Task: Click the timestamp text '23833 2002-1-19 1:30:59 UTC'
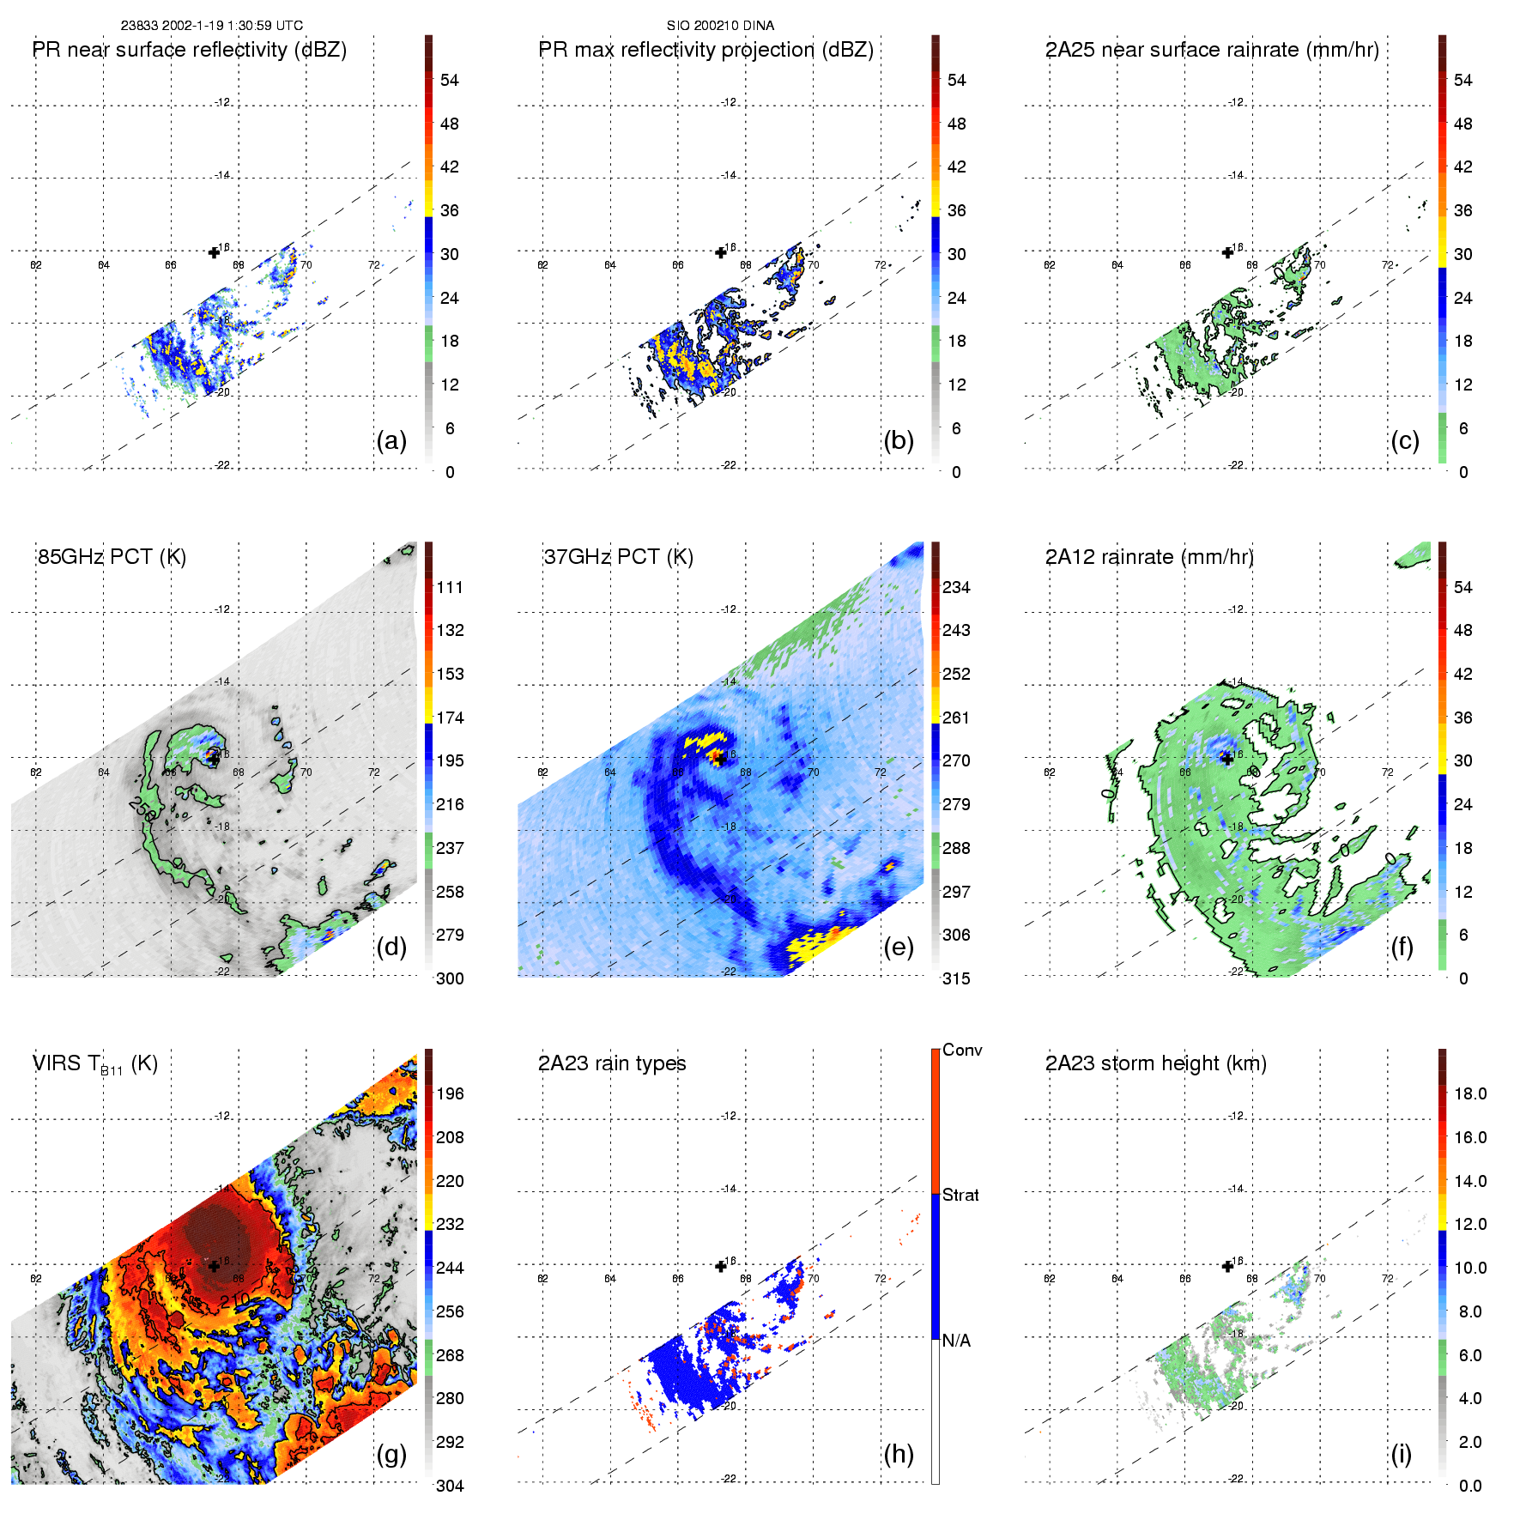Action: (x=211, y=26)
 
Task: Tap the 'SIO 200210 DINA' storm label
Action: (x=720, y=26)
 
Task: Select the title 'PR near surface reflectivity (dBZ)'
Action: (x=190, y=50)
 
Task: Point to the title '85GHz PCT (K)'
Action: (x=112, y=557)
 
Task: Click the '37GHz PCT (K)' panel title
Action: (x=618, y=557)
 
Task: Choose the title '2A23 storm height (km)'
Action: (x=1155, y=1063)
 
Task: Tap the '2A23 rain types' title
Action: (x=612, y=1063)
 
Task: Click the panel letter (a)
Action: (x=391, y=440)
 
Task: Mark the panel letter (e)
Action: (x=898, y=947)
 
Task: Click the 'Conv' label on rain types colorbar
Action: (x=962, y=1050)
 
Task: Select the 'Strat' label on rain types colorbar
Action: (x=960, y=1195)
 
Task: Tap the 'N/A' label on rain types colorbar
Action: (x=956, y=1341)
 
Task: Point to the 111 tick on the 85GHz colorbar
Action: (x=450, y=587)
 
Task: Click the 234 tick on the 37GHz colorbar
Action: (x=956, y=587)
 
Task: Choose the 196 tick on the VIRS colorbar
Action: (x=450, y=1093)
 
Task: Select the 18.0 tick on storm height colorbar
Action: (x=1470, y=1093)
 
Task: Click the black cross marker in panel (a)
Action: (x=214, y=252)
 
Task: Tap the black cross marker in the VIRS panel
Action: (x=214, y=1266)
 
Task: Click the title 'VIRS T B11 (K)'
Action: (x=94, y=1064)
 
